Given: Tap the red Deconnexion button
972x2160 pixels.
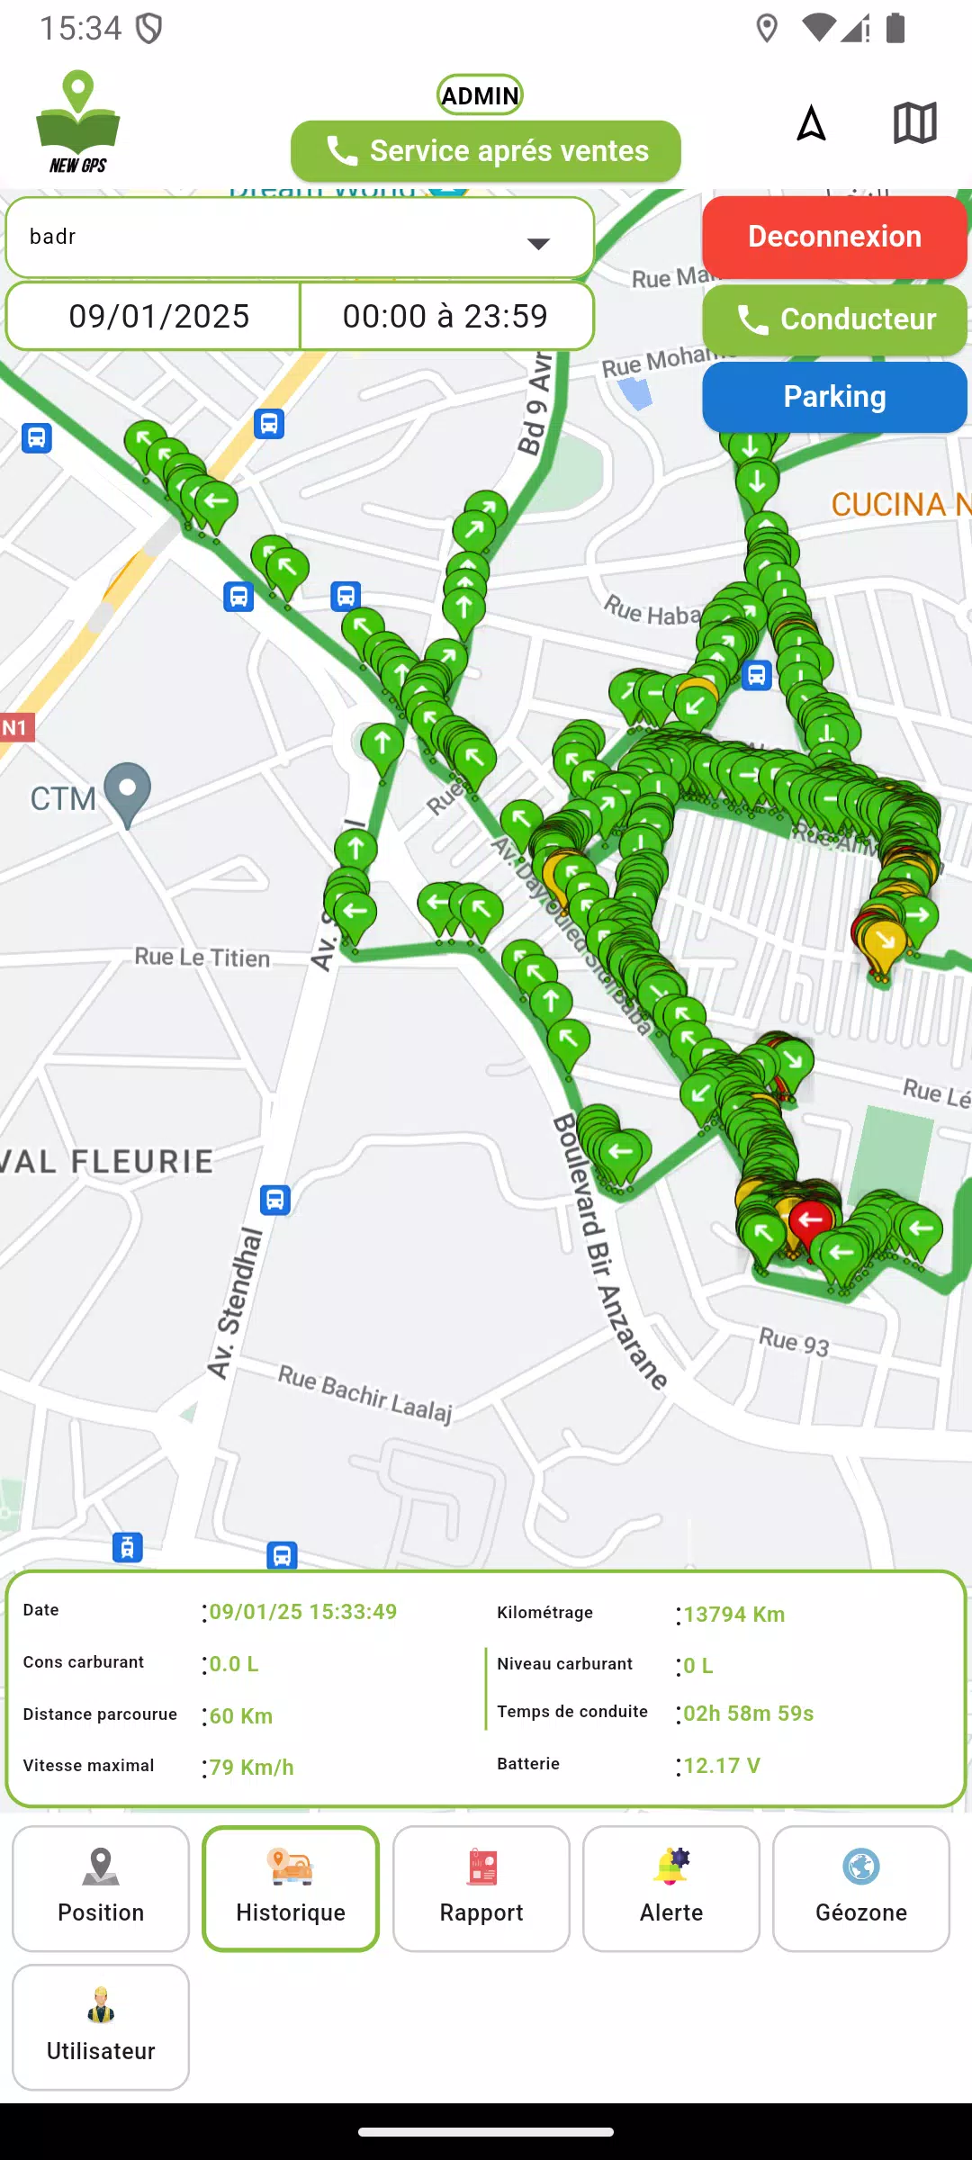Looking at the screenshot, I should point(834,237).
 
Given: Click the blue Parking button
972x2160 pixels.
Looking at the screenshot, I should point(834,397).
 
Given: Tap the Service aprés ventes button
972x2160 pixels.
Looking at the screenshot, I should point(486,151).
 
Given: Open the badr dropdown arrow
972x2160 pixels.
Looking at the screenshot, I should point(538,243).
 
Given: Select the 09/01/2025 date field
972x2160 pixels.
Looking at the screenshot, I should point(158,316).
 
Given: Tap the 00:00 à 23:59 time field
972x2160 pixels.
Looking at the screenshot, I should point(445,316).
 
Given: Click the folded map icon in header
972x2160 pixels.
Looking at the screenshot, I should point(914,122).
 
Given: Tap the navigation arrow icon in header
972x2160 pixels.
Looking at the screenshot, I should point(811,123).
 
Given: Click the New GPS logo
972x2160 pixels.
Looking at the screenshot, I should point(78,122).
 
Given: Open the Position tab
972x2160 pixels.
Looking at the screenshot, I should point(101,1888).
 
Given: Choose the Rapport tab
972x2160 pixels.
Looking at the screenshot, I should point(481,1888).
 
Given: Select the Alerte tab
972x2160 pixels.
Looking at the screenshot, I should point(671,1888).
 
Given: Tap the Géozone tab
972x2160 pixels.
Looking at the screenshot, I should point(861,1888).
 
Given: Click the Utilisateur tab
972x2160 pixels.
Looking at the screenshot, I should point(101,2027).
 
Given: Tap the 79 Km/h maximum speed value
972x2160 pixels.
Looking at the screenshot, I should point(252,1768).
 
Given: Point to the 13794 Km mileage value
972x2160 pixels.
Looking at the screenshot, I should point(733,1615).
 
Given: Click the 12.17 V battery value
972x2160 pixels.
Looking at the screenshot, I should point(722,1766).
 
